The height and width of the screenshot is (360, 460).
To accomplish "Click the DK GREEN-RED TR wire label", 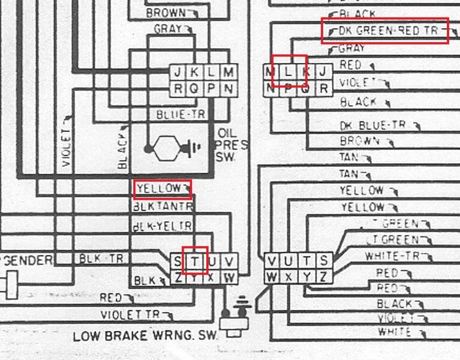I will tap(384, 31).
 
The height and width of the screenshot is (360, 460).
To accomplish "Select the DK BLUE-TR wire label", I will tap(372, 125).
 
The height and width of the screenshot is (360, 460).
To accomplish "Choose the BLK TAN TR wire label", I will tap(163, 206).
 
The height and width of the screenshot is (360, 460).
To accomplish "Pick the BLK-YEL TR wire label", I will tap(162, 226).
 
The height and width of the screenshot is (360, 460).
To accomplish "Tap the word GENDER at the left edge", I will tap(28, 260).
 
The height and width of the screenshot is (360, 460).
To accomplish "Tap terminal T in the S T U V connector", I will tap(195, 261).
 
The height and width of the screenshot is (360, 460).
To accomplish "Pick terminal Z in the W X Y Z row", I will tap(323, 277).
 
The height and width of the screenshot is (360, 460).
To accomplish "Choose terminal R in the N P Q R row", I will tap(323, 89).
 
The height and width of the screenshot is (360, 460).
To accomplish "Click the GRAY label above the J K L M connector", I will tap(167, 29).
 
